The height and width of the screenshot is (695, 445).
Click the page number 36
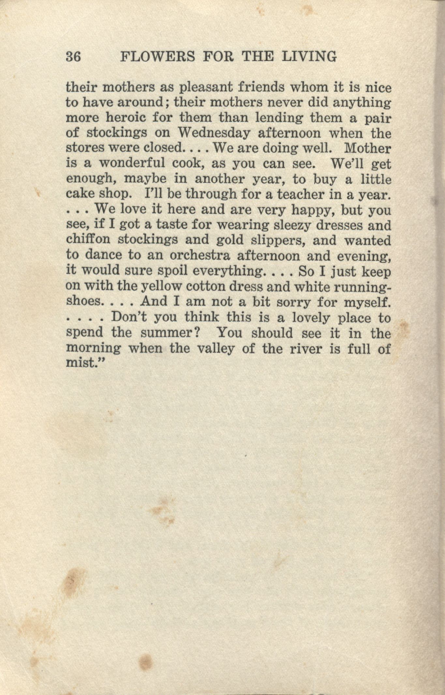[x=73, y=57]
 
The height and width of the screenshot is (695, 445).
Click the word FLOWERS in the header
[x=157, y=57]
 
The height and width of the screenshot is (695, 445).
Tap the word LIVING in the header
[x=309, y=57]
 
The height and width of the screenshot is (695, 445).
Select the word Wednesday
[x=214, y=133]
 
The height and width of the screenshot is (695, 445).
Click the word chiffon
[x=88, y=240]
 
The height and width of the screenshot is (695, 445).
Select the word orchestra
[x=200, y=255]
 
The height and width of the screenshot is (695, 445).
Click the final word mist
[x=80, y=363]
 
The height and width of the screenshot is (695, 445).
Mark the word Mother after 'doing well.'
[x=367, y=148]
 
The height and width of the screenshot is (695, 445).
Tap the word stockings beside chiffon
[x=147, y=240]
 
